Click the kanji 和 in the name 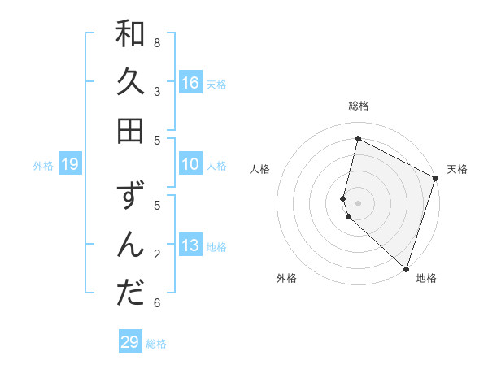(130, 34)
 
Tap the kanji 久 (130, 82)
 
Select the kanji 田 (130, 130)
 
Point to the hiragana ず (130, 198)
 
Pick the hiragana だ (130, 293)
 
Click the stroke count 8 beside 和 (157, 42)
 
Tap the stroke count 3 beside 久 (157, 91)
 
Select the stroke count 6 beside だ (157, 303)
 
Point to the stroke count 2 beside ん (157, 254)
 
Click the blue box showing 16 (190, 82)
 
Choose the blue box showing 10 (190, 164)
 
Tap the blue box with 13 (190, 245)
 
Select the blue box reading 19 (69, 164)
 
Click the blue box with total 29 (130, 342)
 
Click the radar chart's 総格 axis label (358, 106)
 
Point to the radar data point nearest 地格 (405, 268)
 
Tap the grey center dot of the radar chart (358, 202)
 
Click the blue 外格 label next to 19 (43, 166)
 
